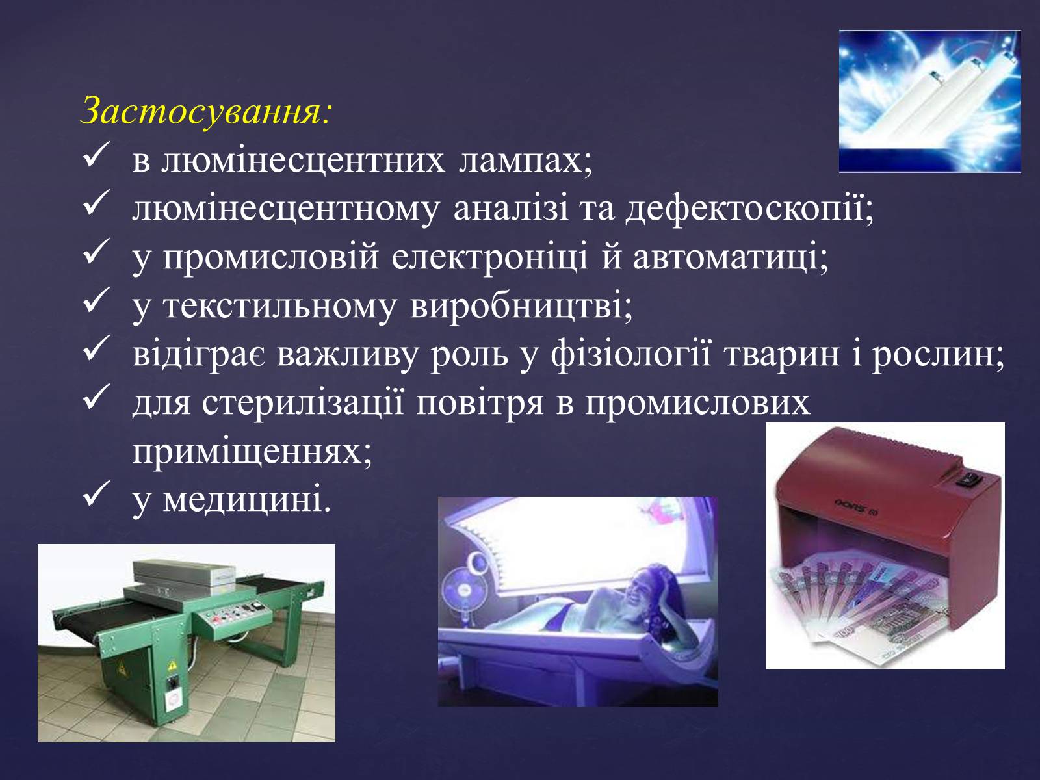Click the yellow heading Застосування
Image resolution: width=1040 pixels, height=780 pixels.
coord(207,112)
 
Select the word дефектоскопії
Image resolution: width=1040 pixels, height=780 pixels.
coord(749,209)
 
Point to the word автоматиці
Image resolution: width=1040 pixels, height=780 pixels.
coord(730,257)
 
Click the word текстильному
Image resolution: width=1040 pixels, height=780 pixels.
coord(279,306)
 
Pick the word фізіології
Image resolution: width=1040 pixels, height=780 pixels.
coord(630,355)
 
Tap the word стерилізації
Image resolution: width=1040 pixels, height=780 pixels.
coord(303,404)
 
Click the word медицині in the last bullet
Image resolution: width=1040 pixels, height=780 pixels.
coord(247,500)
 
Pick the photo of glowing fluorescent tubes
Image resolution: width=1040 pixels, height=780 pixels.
coord(929,101)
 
